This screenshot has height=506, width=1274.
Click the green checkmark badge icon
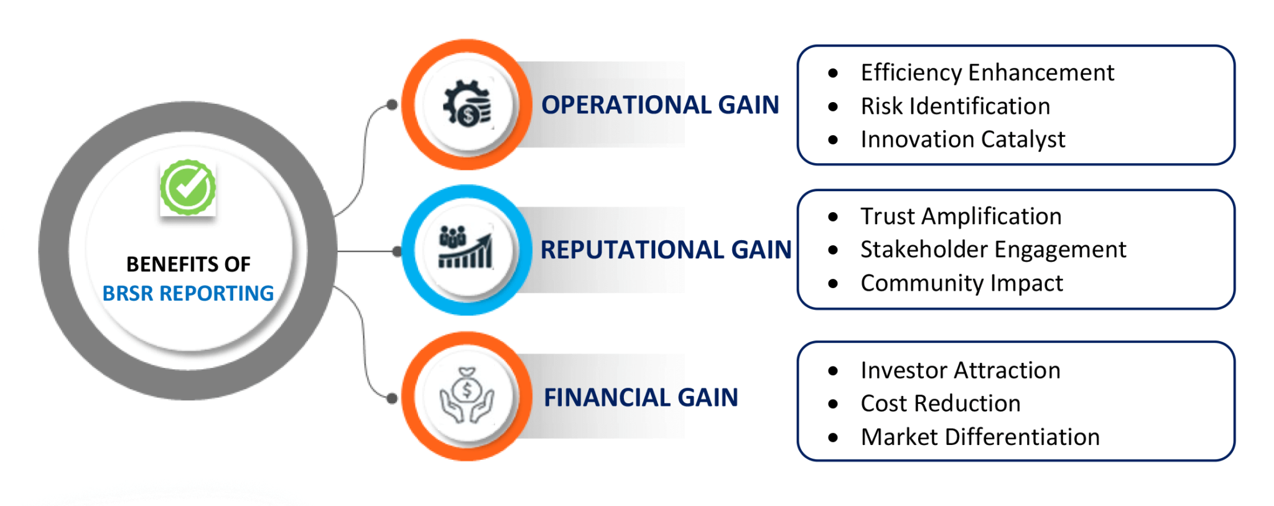tap(187, 187)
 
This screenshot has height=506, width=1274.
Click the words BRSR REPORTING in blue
tap(188, 293)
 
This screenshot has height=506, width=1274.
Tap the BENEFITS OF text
tap(188, 265)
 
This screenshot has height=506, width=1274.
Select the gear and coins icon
tap(467, 104)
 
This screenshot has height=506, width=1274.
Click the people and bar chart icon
tap(466, 248)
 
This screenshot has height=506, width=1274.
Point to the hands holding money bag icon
tap(467, 396)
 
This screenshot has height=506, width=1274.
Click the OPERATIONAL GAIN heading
tap(659, 105)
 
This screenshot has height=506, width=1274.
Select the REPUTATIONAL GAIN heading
tap(666, 250)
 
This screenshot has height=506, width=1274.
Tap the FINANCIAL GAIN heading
tap(641, 397)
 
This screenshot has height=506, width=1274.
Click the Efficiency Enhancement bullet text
tap(987, 73)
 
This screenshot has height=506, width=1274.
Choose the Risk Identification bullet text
tap(955, 106)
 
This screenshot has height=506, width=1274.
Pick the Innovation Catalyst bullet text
tap(962, 139)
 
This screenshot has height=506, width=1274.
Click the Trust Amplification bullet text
tap(960, 217)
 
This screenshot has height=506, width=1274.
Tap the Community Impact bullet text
tap(961, 283)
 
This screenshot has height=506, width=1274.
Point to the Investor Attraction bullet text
tap(960, 370)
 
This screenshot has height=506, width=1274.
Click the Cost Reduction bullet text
tap(940, 403)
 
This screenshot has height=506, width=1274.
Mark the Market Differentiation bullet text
tap(980, 437)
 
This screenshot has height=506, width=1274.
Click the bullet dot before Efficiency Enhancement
tap(833, 73)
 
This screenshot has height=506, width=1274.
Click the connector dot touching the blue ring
tap(398, 251)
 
